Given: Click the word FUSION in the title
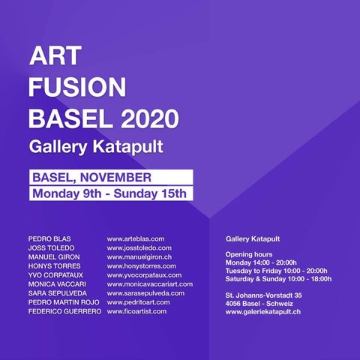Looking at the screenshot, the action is [x=77, y=87].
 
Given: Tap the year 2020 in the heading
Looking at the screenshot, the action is [x=150, y=118].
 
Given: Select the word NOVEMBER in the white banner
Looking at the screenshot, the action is [x=115, y=178].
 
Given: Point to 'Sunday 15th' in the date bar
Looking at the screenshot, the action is [x=150, y=193].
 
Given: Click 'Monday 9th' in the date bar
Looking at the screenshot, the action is [x=67, y=193].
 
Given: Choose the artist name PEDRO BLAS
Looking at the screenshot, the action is [x=49, y=239].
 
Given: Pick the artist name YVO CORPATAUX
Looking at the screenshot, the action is [x=55, y=275].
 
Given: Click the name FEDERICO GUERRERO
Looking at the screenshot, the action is [x=64, y=311].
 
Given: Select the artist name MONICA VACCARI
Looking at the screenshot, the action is [x=57, y=284].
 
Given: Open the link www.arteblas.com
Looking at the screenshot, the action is [x=136, y=239].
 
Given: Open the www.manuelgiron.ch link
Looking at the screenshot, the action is [x=139, y=257].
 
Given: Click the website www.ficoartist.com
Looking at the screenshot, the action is [x=136, y=311].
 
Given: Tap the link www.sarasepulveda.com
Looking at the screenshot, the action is [x=145, y=293].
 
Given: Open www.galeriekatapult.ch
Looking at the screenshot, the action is [x=263, y=312].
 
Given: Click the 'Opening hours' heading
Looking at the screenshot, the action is [x=249, y=254].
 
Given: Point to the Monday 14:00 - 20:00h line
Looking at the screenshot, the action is [x=261, y=262].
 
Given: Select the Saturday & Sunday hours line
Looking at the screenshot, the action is [x=278, y=279].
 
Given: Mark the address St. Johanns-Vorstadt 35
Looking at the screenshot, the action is [x=264, y=295].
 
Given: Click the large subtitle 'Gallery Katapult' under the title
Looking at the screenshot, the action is [x=96, y=147].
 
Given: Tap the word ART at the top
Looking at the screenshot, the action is [x=55, y=55].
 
